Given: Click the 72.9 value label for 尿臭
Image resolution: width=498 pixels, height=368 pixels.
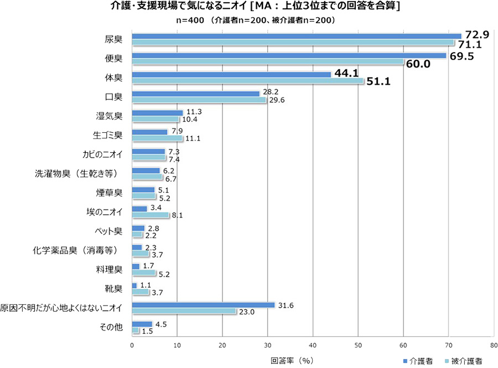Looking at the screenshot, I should click(x=476, y=35).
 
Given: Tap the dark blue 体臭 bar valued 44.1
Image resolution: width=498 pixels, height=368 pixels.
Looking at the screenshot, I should click(x=231, y=74).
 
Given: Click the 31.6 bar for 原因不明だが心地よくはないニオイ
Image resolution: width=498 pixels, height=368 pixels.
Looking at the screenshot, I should click(x=203, y=305).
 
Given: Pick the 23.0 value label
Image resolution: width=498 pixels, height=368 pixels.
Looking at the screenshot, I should click(x=246, y=312).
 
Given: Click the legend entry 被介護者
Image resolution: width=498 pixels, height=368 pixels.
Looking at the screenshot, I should click(x=466, y=361).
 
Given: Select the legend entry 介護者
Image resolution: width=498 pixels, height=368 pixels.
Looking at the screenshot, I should click(x=421, y=361).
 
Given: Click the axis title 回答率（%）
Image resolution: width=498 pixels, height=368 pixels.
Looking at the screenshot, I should click(x=292, y=360).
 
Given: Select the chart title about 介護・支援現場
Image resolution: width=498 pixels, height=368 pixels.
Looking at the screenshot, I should click(x=248, y=7).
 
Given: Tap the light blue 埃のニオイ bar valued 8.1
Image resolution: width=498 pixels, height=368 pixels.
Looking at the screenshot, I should click(x=150, y=215).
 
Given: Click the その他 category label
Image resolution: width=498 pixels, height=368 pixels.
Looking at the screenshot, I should click(x=111, y=327).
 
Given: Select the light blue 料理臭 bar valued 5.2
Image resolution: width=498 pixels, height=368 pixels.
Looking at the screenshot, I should click(x=144, y=273).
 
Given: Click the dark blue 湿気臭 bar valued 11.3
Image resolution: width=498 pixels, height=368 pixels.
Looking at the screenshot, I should click(x=157, y=112).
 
